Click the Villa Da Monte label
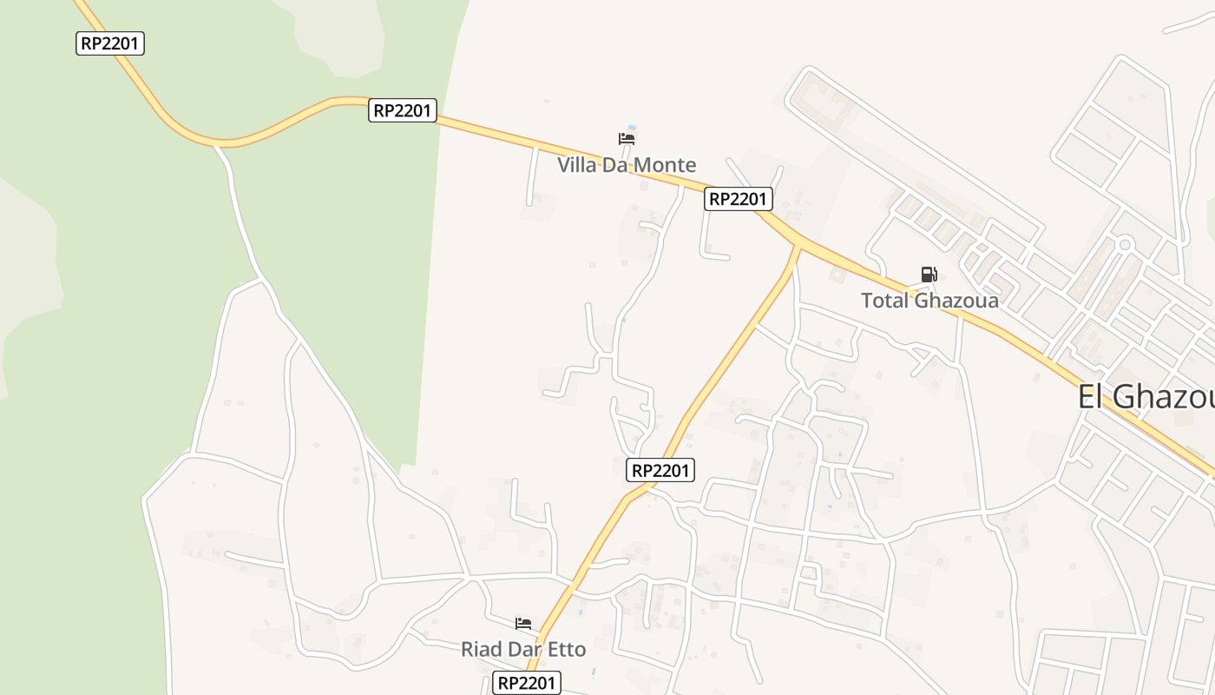pyautogui.click(x=626, y=164)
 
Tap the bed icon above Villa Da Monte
pyautogui.click(x=627, y=139)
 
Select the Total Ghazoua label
pyautogui.click(x=929, y=301)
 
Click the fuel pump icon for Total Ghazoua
pyautogui.click(x=929, y=275)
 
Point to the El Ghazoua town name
pyautogui.click(x=1146, y=396)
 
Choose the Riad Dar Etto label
pyautogui.click(x=523, y=649)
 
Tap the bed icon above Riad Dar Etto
pyautogui.click(x=523, y=624)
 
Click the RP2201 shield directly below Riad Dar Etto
pyautogui.click(x=527, y=683)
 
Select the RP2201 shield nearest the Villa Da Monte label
pyautogui.click(x=738, y=199)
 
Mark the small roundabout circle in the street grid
pyautogui.click(x=1125, y=244)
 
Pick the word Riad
pyautogui.click(x=481, y=649)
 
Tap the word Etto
pyautogui.click(x=566, y=649)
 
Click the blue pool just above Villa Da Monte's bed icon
pyautogui.click(x=631, y=129)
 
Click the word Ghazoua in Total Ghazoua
pyautogui.click(x=954, y=301)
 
